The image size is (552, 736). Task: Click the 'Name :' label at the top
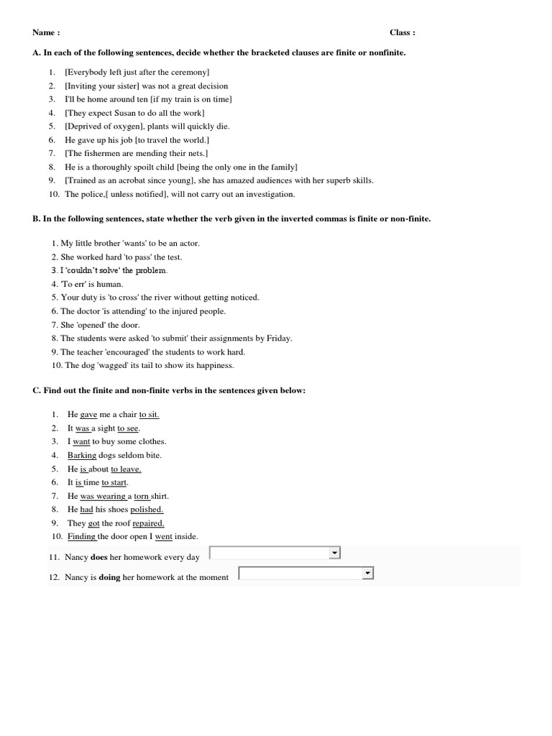tap(46, 32)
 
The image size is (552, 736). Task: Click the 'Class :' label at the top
tap(402, 32)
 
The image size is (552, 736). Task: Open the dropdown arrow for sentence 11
tap(333, 553)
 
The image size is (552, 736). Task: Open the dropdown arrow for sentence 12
tap(367, 573)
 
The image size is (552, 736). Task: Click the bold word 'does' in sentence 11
tap(98, 557)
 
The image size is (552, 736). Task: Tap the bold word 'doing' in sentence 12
tap(109, 577)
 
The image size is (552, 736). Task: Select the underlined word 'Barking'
tap(81, 455)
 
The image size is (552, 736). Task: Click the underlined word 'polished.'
tap(147, 510)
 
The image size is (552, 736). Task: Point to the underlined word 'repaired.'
tap(148, 523)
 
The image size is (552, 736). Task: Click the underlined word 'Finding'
tap(82, 536)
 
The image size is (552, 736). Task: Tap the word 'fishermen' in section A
tap(102, 154)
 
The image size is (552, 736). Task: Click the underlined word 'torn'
tap(141, 496)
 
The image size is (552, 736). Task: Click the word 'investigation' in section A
tap(271, 194)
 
